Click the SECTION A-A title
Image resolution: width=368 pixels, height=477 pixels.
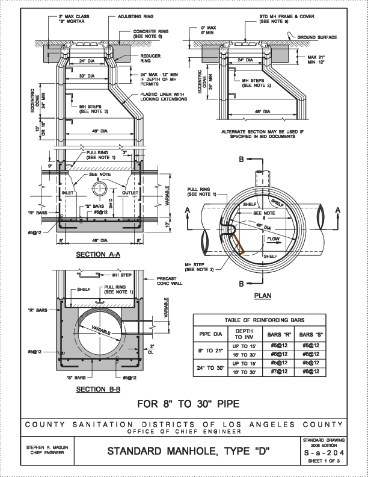click(x=99, y=255)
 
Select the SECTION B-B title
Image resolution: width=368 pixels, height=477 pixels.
click(x=99, y=389)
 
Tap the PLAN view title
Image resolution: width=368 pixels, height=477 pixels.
click(x=263, y=296)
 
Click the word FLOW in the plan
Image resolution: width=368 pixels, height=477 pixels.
click(x=274, y=240)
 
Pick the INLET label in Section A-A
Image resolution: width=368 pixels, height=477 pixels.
click(x=67, y=193)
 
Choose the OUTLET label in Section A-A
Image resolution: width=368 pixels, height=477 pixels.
click(x=130, y=193)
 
